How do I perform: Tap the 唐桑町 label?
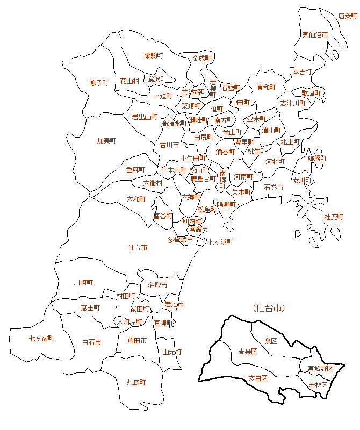click(x=347, y=17)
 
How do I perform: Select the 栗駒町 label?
click(x=154, y=55)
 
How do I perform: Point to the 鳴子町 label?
click(x=99, y=83)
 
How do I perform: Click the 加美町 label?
click(x=106, y=140)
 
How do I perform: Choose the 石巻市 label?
click(x=273, y=187)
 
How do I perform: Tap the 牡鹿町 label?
click(x=333, y=217)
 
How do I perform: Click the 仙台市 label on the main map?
click(x=138, y=248)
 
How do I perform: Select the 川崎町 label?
click(x=83, y=282)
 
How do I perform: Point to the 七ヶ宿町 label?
click(x=42, y=338)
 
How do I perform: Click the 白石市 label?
click(x=91, y=342)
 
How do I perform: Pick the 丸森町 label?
click(x=136, y=382)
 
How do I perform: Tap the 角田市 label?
click(x=137, y=340)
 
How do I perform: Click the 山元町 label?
click(x=172, y=352)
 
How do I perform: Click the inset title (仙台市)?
click(x=268, y=308)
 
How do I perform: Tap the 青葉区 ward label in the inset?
click(x=248, y=352)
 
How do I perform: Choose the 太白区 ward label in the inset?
click(x=258, y=378)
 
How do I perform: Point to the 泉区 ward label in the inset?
click(x=270, y=341)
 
